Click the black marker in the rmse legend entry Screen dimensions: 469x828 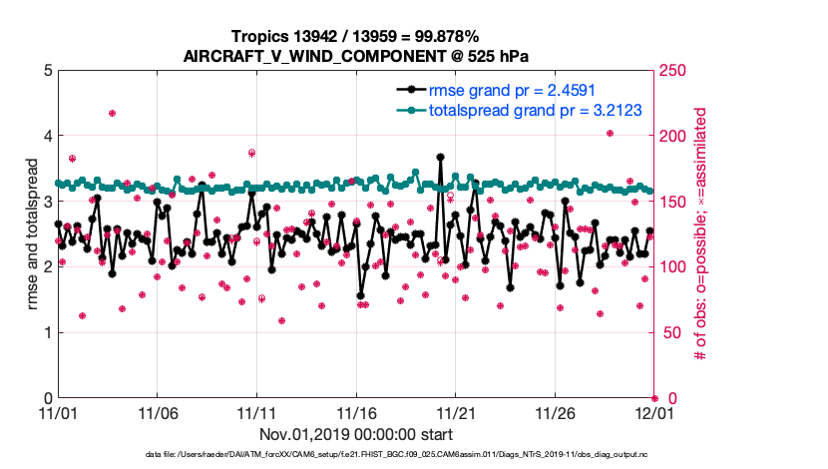(x=409, y=91)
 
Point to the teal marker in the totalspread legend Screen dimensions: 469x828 (x=409, y=110)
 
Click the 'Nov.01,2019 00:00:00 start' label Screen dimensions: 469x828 (x=356, y=435)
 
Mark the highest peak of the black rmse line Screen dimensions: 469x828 (x=440, y=157)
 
